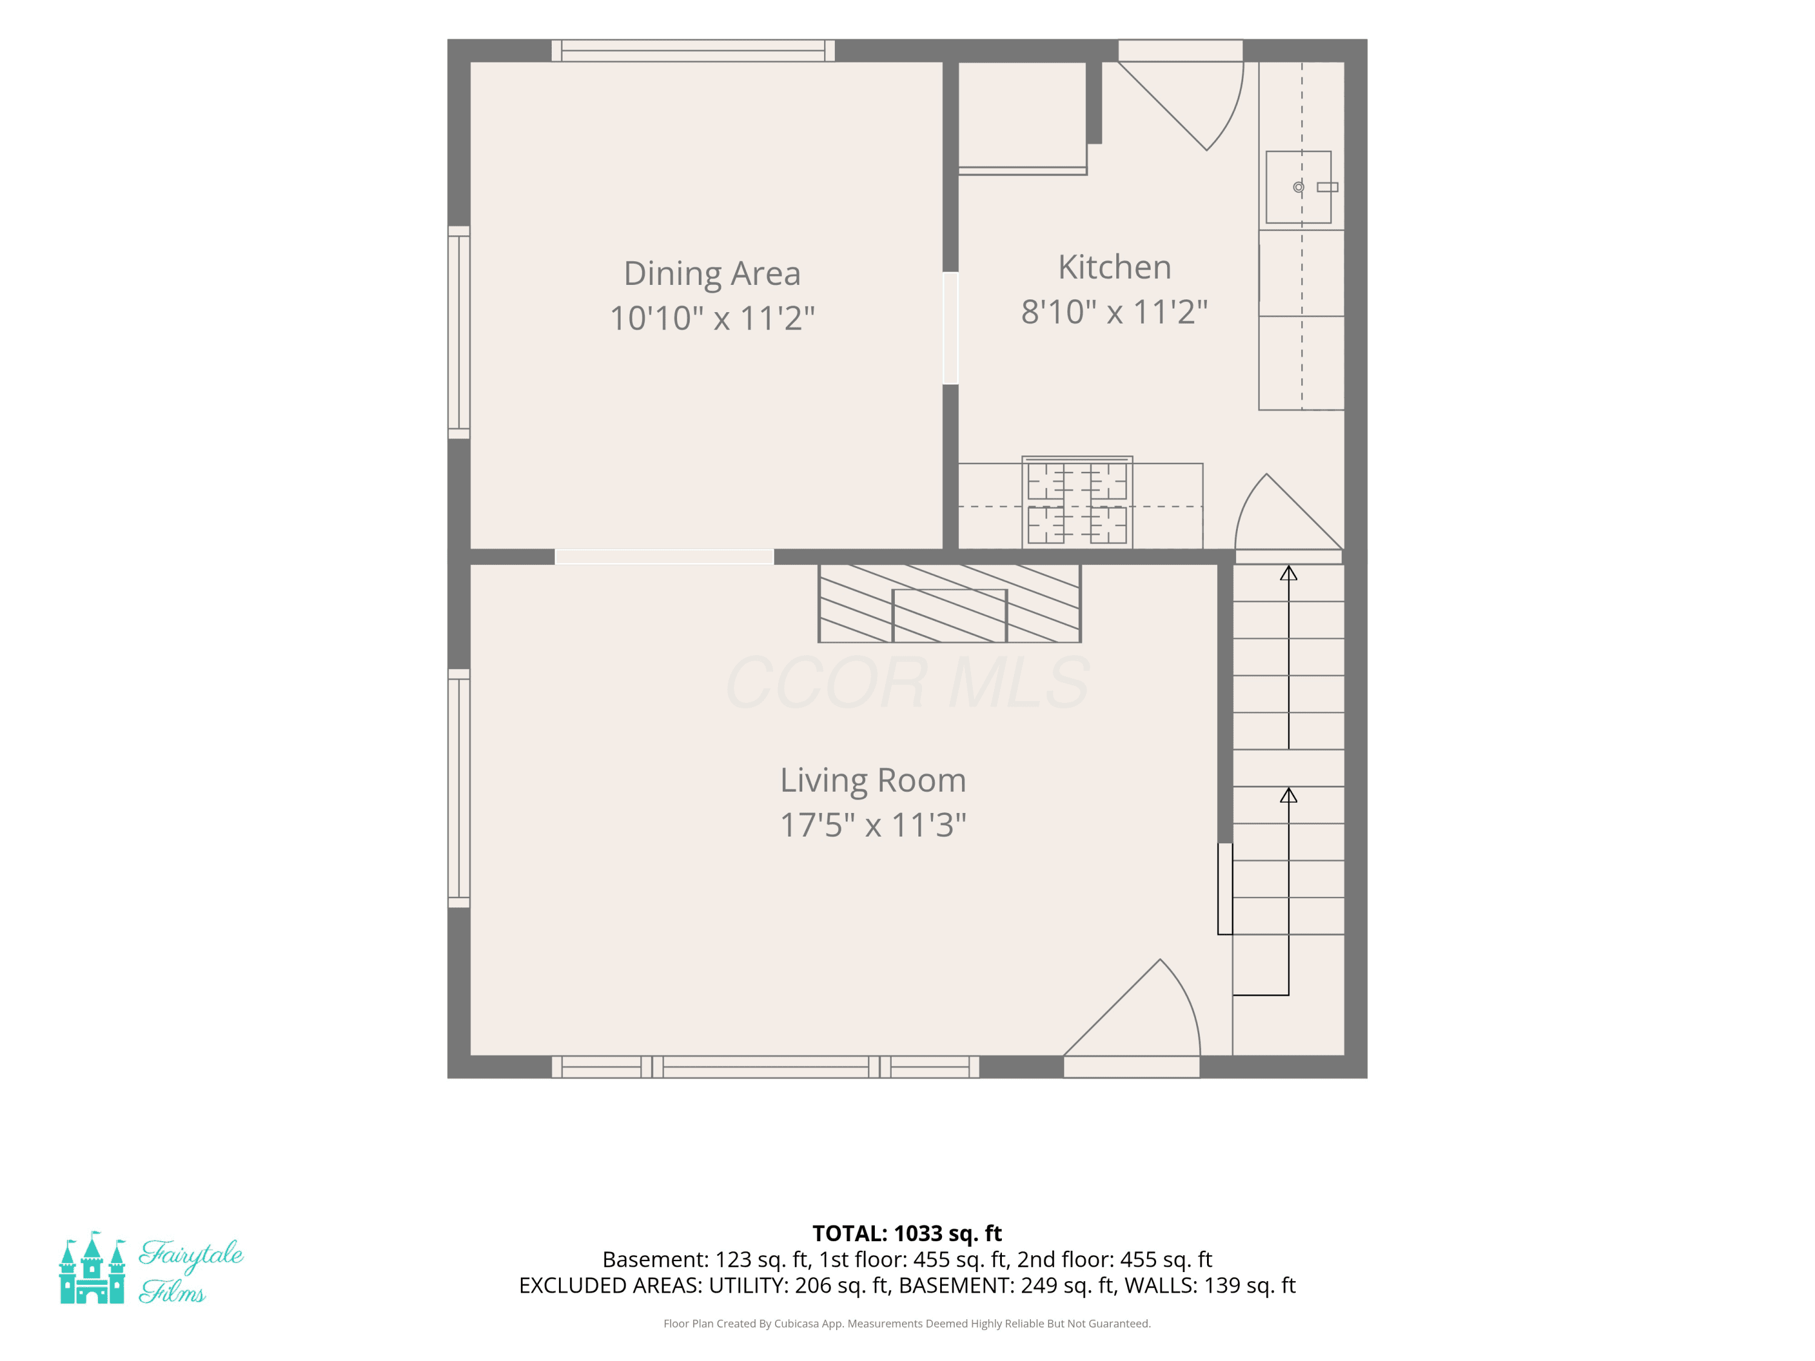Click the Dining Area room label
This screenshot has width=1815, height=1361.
click(712, 274)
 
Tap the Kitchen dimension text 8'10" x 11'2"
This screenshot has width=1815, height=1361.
click(1114, 312)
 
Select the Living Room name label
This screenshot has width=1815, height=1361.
click(873, 780)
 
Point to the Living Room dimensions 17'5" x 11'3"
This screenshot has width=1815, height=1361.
click(873, 824)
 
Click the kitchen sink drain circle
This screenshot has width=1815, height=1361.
click(1298, 187)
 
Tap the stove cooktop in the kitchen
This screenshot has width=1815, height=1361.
click(1078, 503)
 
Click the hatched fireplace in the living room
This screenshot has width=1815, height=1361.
click(949, 603)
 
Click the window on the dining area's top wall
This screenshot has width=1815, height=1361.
click(693, 51)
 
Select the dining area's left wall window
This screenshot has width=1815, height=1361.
click(459, 332)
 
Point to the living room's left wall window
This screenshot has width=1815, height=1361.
click(459, 788)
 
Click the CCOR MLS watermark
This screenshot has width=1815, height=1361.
click(907, 682)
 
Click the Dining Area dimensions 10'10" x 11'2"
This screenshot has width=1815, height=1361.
click(712, 318)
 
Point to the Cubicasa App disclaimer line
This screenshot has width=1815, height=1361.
click(907, 1323)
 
